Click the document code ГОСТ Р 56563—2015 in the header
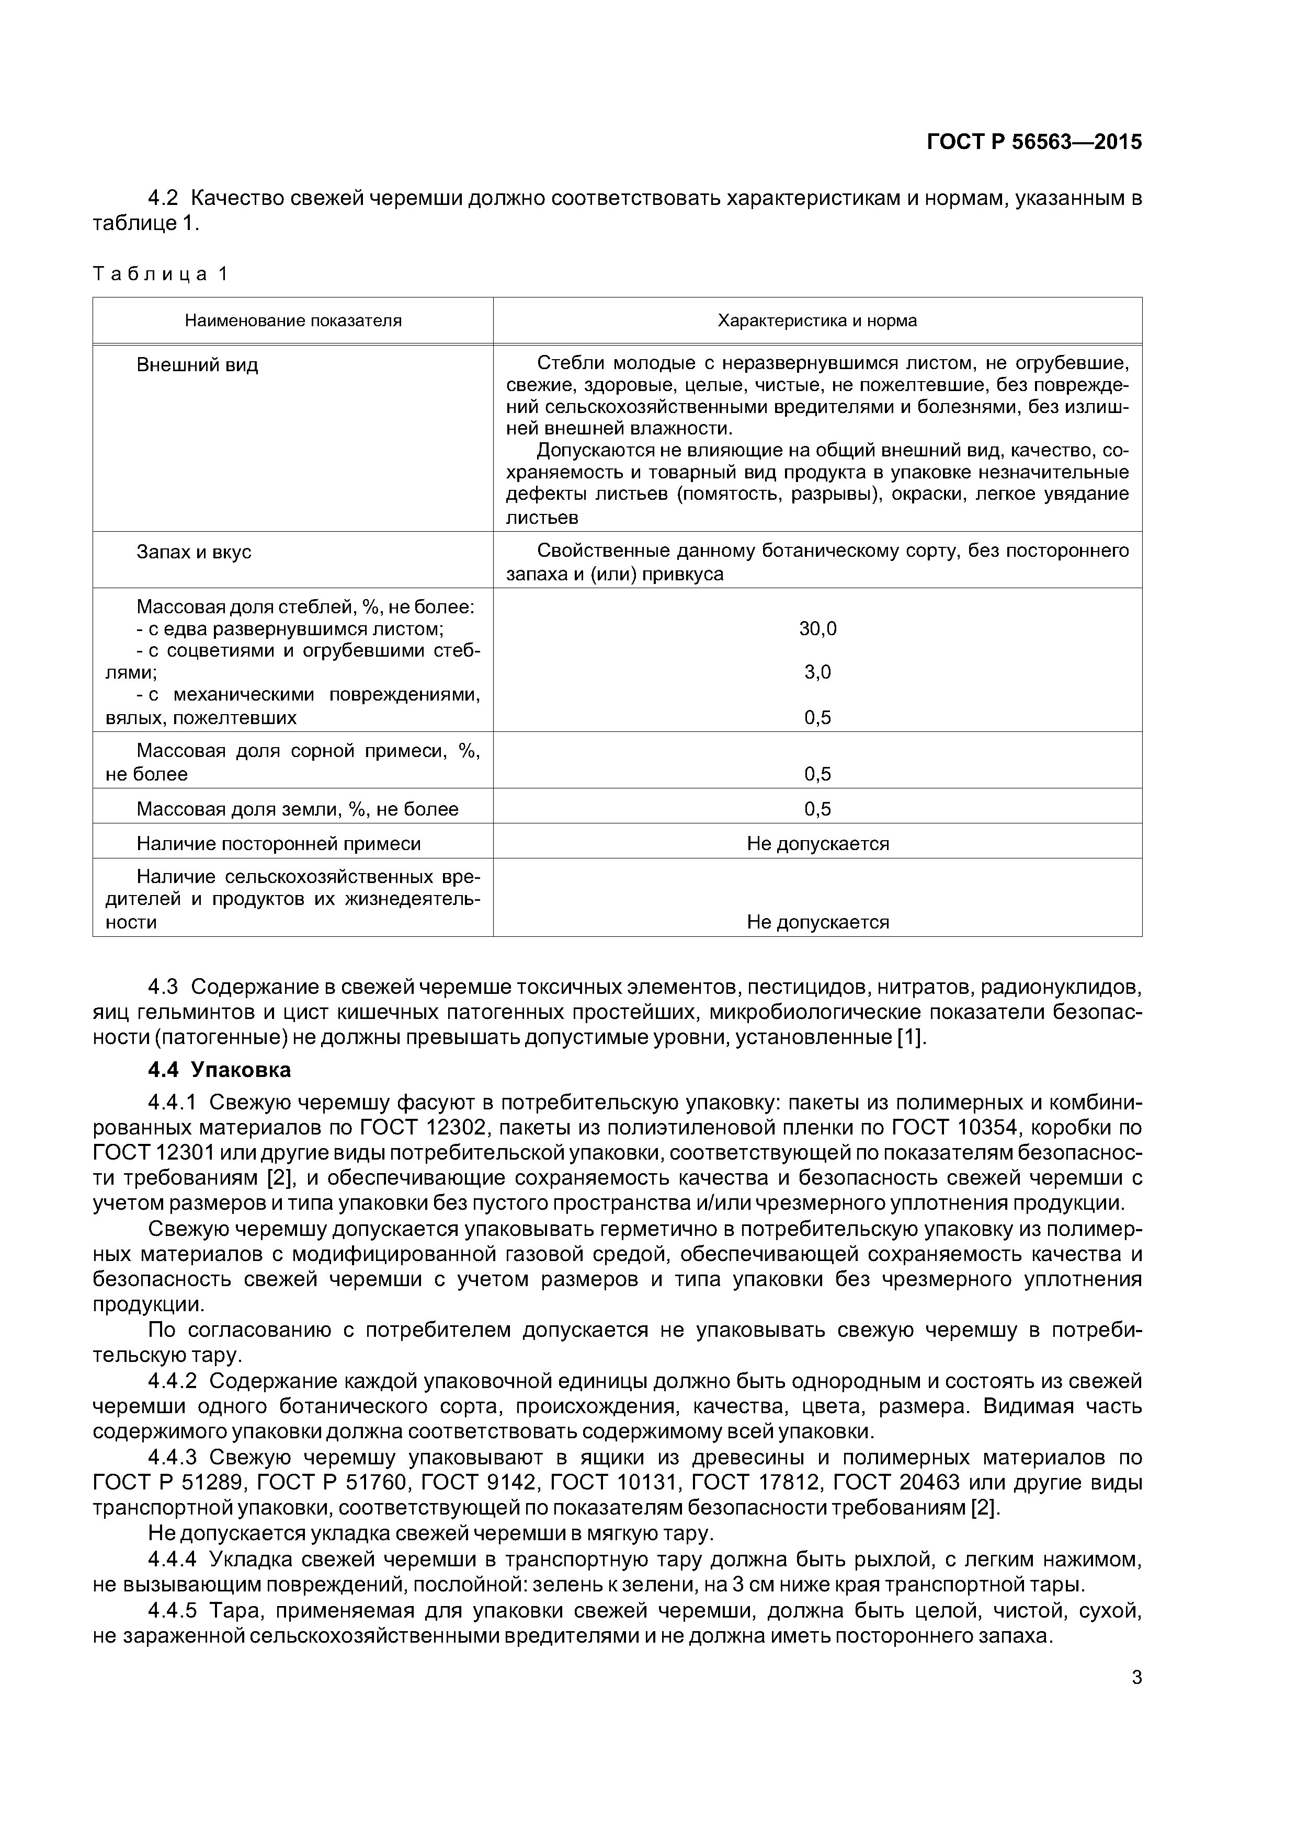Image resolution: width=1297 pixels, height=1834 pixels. (x=1033, y=142)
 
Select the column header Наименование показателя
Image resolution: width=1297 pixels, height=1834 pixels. (x=293, y=321)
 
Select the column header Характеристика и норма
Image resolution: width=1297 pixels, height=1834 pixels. (x=817, y=321)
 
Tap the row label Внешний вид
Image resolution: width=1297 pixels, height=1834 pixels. (x=197, y=366)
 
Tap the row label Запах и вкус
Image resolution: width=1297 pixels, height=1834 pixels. (x=194, y=552)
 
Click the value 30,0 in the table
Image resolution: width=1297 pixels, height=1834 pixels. (x=817, y=628)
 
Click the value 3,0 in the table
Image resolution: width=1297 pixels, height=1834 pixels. (x=817, y=672)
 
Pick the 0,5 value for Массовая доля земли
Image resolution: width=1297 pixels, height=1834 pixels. (x=817, y=809)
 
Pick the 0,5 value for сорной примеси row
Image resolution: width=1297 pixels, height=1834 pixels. (x=817, y=774)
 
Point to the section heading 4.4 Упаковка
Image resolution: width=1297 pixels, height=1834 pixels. (x=220, y=1070)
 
